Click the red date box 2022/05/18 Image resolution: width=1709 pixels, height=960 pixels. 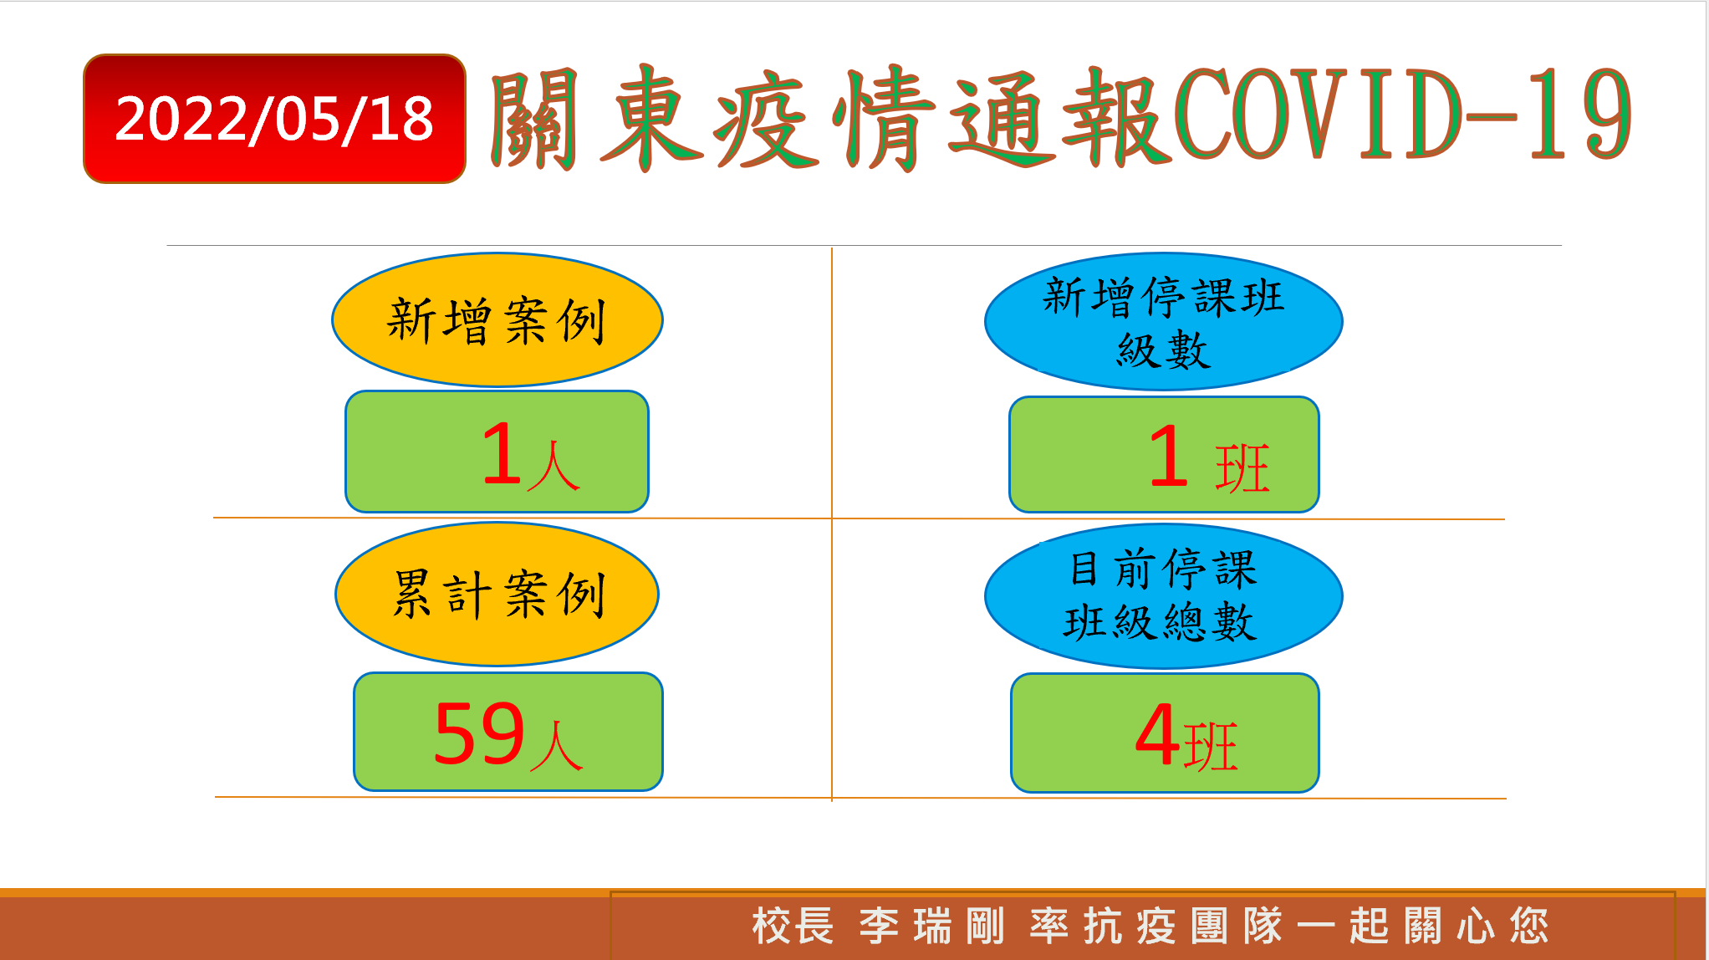274,119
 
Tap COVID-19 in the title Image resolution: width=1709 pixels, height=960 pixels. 1402,115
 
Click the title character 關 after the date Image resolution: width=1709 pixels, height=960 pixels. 534,118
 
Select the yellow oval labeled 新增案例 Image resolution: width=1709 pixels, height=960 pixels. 497,319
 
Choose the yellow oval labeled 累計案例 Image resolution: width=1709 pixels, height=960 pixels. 497,594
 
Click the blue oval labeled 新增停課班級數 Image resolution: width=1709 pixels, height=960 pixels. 1163,321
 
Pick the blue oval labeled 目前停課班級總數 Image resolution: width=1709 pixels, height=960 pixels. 1163,596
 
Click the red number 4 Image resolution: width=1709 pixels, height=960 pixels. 1158,735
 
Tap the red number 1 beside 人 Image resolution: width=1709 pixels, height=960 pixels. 503,454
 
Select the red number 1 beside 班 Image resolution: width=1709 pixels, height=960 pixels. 1169,456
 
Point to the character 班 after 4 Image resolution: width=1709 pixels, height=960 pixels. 1211,747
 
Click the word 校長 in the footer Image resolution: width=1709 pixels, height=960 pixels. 793,926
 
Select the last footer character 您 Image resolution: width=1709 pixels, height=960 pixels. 1529,926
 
